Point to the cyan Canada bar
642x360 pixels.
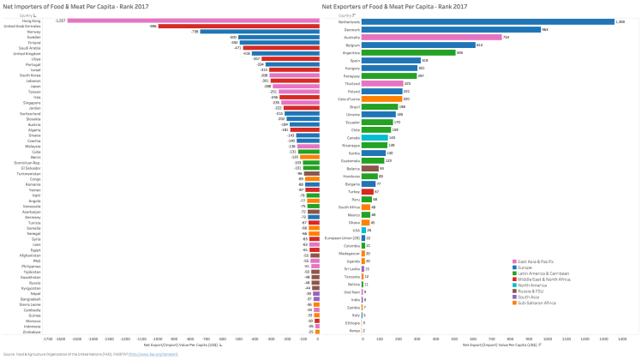pyautogui.click(x=375, y=137)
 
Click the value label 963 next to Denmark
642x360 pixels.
pyautogui.click(x=545, y=29)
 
